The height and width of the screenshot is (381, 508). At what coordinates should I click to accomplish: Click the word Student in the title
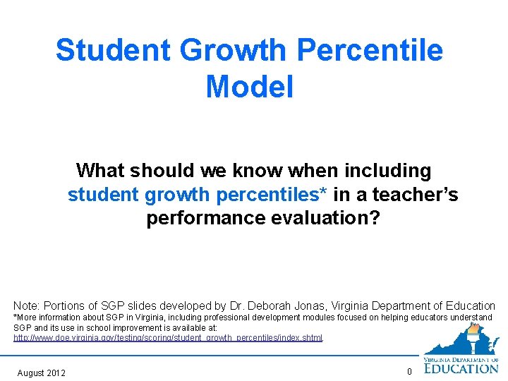click(x=113, y=51)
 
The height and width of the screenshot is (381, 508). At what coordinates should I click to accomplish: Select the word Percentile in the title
click(x=371, y=51)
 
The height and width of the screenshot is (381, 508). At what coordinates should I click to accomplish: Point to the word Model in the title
click(x=250, y=87)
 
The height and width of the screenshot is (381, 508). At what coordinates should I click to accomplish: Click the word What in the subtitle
click(x=101, y=171)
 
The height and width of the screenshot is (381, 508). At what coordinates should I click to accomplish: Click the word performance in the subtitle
click(x=205, y=219)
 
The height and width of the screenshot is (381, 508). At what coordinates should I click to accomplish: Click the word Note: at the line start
click(x=27, y=306)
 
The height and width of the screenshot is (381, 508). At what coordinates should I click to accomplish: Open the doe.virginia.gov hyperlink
click(x=168, y=339)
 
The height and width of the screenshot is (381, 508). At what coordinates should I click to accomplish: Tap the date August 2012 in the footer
click(x=41, y=373)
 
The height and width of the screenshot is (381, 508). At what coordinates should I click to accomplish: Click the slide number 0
click(x=409, y=373)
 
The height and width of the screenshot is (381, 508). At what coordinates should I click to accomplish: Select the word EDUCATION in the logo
click(x=461, y=368)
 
